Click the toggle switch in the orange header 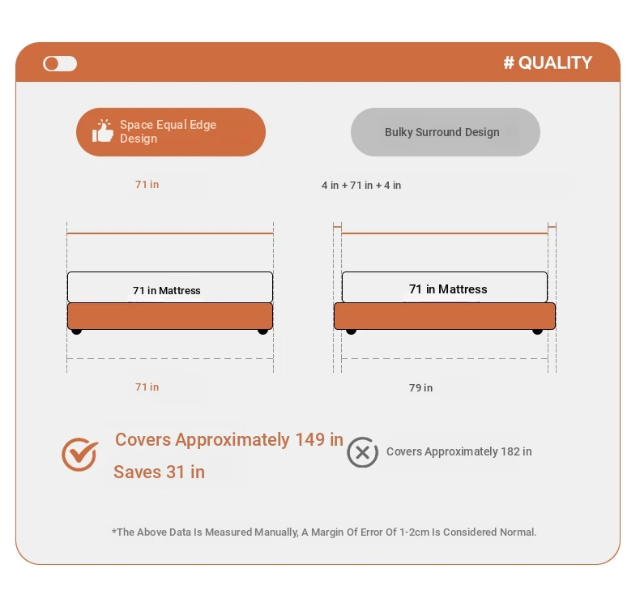(x=60, y=64)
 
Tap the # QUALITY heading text (x=548, y=63)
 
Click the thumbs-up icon (x=102, y=131)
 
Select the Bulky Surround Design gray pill (x=446, y=132)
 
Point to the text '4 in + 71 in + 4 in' (x=361, y=186)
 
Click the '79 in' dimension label (x=420, y=388)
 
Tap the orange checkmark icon (x=80, y=454)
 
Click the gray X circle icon (x=362, y=452)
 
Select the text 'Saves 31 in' (x=159, y=472)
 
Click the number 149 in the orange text (x=309, y=440)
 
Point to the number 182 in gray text (x=510, y=451)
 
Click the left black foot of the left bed (x=76, y=331)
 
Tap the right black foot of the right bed (x=538, y=331)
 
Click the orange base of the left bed (x=170, y=316)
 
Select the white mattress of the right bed (x=445, y=288)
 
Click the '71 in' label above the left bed (x=147, y=185)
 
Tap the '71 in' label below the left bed (x=147, y=387)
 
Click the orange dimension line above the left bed (x=170, y=233)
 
